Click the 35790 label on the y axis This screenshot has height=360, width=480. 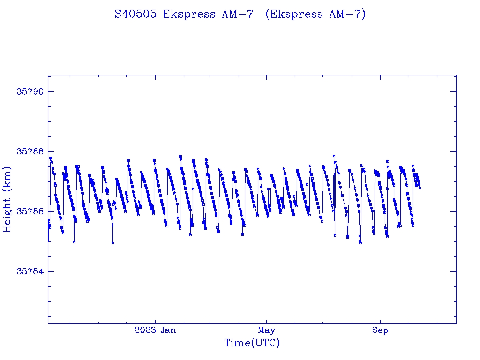pos(30,91)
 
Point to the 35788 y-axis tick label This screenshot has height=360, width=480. pos(30,151)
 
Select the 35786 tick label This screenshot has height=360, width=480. pos(30,211)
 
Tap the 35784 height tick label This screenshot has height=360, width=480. pos(30,271)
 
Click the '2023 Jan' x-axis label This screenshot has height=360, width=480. pos(155,330)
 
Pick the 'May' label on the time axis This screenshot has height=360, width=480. pos(266,330)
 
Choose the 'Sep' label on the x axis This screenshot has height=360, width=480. pos(380,330)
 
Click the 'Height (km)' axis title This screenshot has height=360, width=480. pos(7,199)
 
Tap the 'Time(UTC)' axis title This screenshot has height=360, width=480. pos(252,343)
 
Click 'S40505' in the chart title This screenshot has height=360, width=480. pos(136,14)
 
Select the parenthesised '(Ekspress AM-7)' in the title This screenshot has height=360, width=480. pos(315,14)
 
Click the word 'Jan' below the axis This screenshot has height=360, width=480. pos(168,330)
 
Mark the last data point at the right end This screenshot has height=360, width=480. pos(420,188)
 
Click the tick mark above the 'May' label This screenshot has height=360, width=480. pos(266,321)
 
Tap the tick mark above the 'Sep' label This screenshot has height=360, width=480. pos(380,321)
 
